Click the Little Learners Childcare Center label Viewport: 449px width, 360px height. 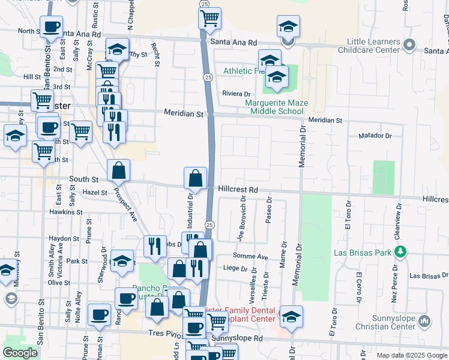coord(367,46)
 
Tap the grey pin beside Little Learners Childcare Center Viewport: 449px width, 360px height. coord(411,45)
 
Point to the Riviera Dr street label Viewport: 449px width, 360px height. coord(236,94)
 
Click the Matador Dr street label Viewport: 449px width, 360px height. coord(375,136)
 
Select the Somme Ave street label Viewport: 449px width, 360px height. coord(254,256)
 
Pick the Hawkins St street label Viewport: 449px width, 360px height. coord(65,212)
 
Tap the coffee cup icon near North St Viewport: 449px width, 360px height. coord(51,27)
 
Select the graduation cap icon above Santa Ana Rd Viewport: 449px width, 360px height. coord(288,27)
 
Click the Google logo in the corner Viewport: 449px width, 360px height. coord(20,353)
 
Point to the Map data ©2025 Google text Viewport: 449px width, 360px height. coord(411,355)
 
